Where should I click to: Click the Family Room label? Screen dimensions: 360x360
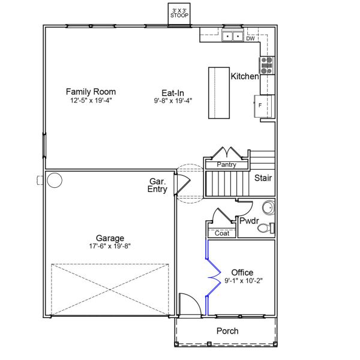pyautogui.click(x=91, y=92)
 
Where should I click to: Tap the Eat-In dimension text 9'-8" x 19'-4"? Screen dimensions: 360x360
pyautogui.click(x=172, y=101)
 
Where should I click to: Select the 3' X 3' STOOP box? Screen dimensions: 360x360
pyautogui.click(x=179, y=13)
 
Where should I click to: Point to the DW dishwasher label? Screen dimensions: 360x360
pyautogui.click(x=250, y=38)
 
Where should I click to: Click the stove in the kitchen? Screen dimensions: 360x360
pyautogui.click(x=266, y=65)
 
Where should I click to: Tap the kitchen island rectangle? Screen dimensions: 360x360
pyautogui.click(x=220, y=94)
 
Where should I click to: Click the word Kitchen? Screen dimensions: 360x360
pyautogui.click(x=245, y=77)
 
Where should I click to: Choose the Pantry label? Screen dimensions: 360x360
pyautogui.click(x=226, y=164)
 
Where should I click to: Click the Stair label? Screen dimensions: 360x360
pyautogui.click(x=263, y=178)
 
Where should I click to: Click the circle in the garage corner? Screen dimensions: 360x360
pyautogui.click(x=55, y=180)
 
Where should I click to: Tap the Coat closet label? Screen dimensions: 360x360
pyautogui.click(x=221, y=233)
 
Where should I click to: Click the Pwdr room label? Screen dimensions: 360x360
pyautogui.click(x=248, y=221)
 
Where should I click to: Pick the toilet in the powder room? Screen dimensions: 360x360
pyautogui.click(x=268, y=227)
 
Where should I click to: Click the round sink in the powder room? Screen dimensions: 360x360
pyautogui.click(x=268, y=208)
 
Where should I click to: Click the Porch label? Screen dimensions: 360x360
pyautogui.click(x=227, y=331)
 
